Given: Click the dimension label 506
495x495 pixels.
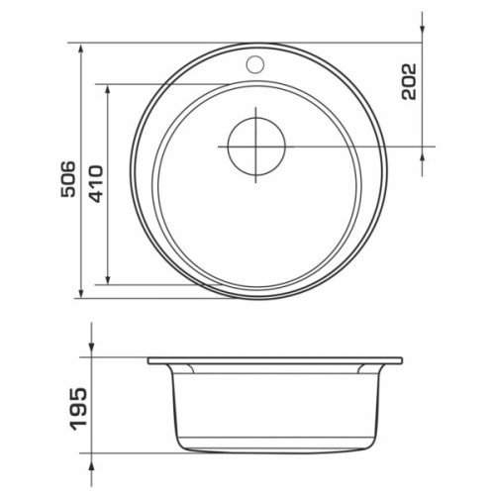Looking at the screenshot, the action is point(68,179).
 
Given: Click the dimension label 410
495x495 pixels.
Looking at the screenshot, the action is point(96,183).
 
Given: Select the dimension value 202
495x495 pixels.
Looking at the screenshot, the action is point(409,81).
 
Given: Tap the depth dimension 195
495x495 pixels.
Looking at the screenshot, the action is point(79,409).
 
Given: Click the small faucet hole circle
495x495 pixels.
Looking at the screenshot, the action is point(255,63).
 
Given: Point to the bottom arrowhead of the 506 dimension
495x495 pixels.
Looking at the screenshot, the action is point(81,293).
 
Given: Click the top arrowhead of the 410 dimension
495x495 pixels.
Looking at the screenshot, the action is point(108,89).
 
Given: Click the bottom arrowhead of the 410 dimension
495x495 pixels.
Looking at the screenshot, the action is point(108,279).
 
